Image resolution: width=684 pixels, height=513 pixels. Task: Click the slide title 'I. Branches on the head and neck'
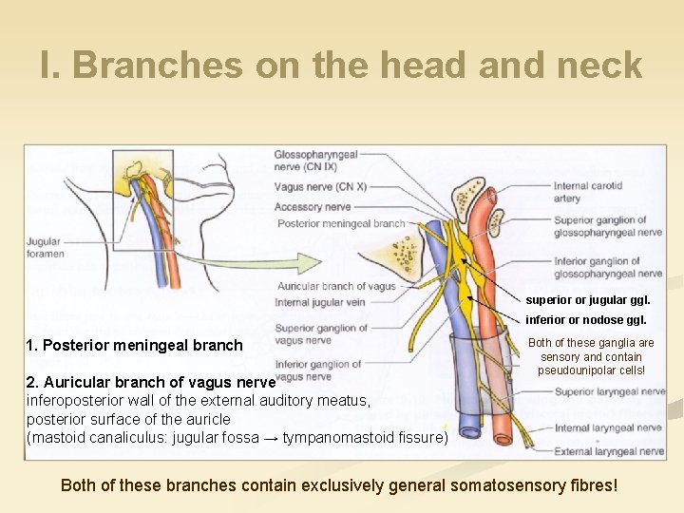pos(342,65)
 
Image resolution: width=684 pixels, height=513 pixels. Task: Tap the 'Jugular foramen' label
pos(45,248)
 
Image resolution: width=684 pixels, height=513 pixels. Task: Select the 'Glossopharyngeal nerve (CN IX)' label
pos(315,161)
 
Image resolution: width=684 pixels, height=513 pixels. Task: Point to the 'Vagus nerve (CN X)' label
pos(320,187)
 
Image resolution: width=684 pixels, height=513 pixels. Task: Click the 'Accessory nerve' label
pos(313,206)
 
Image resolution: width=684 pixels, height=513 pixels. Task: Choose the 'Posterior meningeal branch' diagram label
pos(341,224)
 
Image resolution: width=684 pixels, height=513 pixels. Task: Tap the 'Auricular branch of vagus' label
pos(336,286)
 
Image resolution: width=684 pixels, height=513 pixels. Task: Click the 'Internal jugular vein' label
pos(320,303)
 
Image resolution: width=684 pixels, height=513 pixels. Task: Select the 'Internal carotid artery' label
pos(587,192)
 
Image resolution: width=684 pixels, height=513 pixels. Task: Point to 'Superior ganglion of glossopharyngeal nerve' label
pos(607,226)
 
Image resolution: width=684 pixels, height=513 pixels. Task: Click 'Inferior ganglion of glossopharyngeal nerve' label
pos(607,267)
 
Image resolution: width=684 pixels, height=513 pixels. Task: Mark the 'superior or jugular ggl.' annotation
pos(588,300)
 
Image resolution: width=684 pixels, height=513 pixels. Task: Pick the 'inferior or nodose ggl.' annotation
pos(586,320)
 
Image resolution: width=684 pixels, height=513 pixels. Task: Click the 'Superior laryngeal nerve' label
pos(607,391)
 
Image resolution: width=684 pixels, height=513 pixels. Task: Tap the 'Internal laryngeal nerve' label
pos(607,428)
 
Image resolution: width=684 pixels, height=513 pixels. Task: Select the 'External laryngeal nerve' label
pos(607,451)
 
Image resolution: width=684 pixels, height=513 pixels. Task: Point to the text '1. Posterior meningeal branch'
pos(135,345)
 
